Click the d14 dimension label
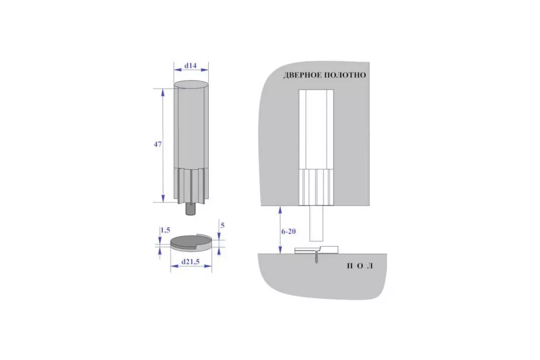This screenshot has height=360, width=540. [190, 65]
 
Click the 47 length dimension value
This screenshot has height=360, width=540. [157, 144]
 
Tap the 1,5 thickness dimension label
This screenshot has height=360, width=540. [165, 230]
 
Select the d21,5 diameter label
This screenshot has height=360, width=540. [190, 262]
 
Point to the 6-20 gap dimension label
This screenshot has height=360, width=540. [288, 231]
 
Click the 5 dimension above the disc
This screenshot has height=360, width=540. [223, 226]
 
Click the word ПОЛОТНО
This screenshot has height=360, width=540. [345, 75]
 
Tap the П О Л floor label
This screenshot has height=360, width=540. [360, 266]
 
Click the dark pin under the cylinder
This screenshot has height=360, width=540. [190, 209]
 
